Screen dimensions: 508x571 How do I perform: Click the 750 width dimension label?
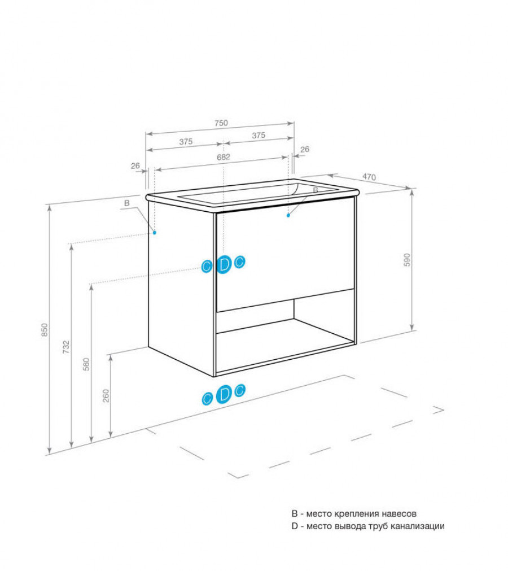[x=221, y=123]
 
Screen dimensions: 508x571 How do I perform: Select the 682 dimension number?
[x=224, y=157]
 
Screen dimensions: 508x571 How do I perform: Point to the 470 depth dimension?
[x=369, y=177]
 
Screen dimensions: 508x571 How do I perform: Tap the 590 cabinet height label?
[x=407, y=260]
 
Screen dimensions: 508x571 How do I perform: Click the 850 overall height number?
[x=45, y=330]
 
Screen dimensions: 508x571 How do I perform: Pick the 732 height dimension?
[x=66, y=347]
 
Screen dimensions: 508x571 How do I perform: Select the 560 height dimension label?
[x=86, y=364]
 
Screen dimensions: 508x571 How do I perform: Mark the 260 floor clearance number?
[x=106, y=396]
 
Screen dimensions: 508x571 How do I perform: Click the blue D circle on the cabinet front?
[x=224, y=264]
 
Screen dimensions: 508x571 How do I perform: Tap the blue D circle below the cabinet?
[x=224, y=394]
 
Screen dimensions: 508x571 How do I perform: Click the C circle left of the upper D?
[x=207, y=267]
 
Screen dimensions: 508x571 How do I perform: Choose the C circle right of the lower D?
[x=239, y=390]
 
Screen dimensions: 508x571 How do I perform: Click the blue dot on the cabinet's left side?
[x=155, y=233]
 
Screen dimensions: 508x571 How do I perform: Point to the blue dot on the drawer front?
[x=288, y=215]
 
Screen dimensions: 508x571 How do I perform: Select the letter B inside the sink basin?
[x=316, y=190]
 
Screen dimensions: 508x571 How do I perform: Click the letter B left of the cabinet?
[x=126, y=203]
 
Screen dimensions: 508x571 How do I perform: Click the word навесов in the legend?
[x=399, y=513]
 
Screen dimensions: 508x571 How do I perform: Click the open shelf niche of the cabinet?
[x=285, y=339]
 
